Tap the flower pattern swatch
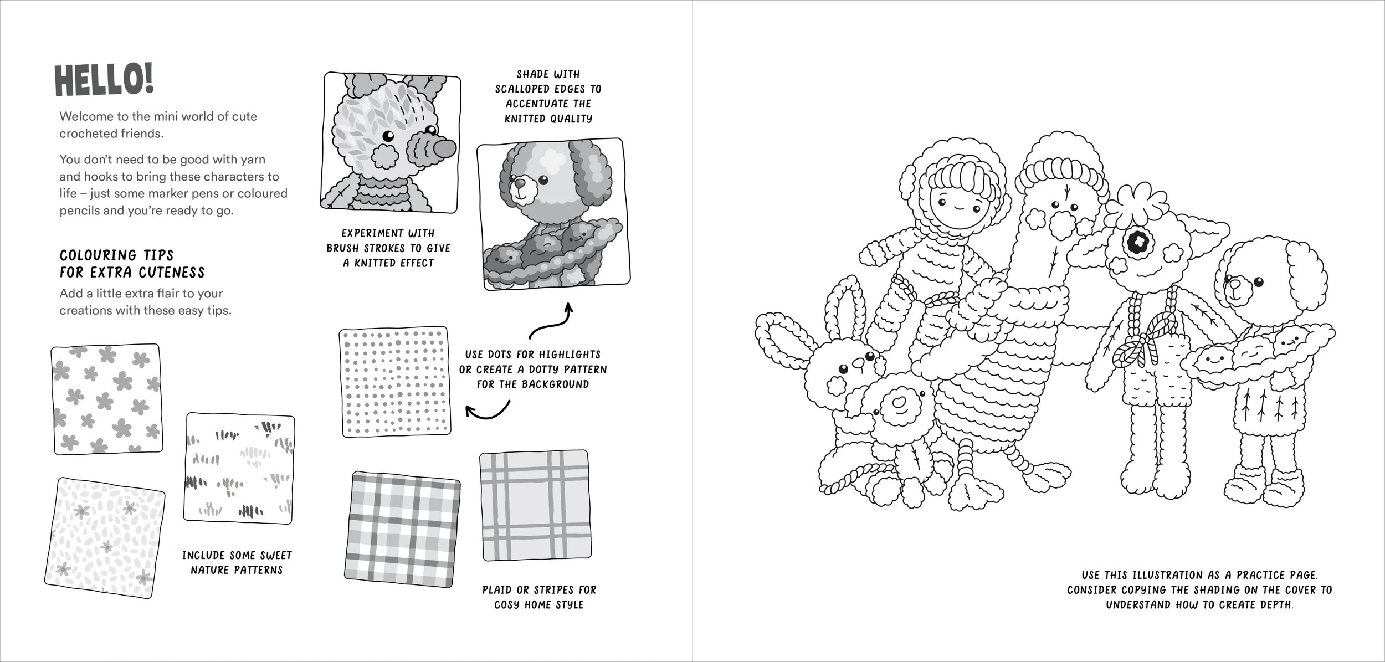coord(106,398)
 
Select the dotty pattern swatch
coord(394,382)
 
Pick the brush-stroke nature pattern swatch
coord(239,469)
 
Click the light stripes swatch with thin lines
coord(534,505)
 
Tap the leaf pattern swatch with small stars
coord(105,538)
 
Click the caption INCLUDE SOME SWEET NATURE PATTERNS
coord(237,562)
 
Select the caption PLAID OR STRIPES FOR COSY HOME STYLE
coord(538,597)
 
